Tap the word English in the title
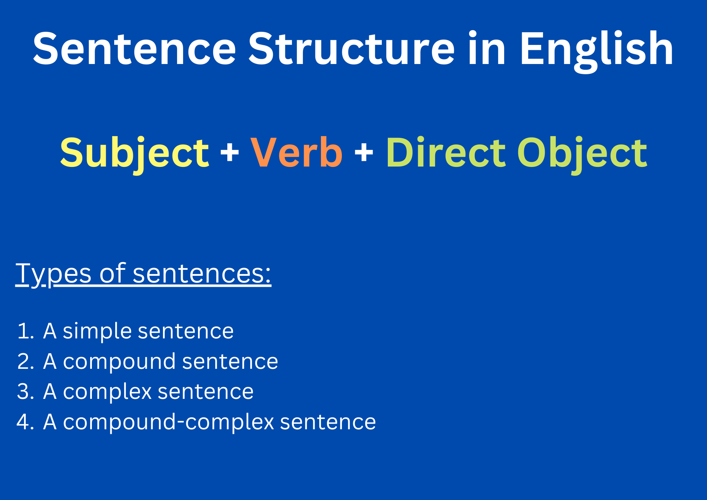pos(596,52)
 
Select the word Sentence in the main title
pos(134,49)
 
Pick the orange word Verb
pos(296,152)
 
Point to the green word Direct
pos(446,152)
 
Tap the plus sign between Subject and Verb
pos(230,153)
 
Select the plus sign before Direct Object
pos(364,153)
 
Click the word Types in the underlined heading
pos(53,275)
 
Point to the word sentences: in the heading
pos(202,274)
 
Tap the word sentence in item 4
pos(328,422)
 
